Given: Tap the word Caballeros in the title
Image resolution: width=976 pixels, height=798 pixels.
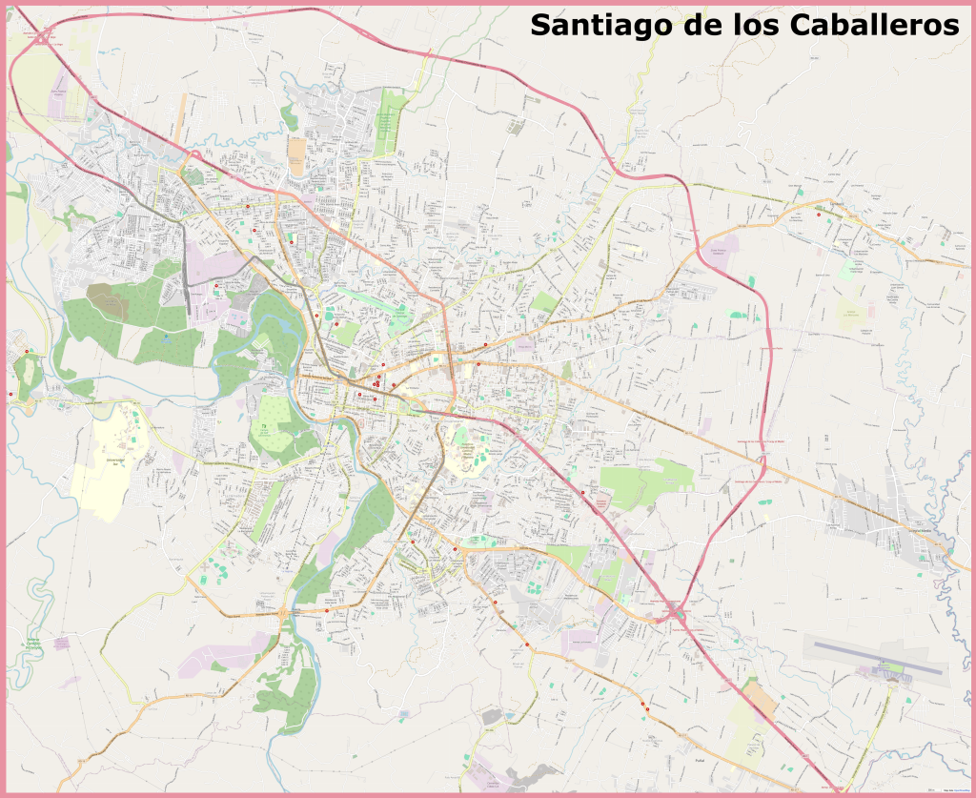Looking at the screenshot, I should point(874,25).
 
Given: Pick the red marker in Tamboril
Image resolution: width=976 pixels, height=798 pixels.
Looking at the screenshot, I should point(819,215).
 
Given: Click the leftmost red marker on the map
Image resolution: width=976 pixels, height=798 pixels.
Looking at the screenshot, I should point(10,394).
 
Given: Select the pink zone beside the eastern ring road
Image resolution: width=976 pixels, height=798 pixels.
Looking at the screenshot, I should point(722,251).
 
